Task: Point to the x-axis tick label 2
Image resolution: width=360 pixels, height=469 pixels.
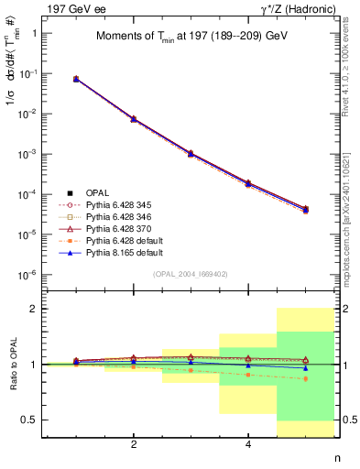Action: pyautogui.click(x=134, y=444)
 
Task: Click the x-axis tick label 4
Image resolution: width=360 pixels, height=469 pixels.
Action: pyautogui.click(x=248, y=444)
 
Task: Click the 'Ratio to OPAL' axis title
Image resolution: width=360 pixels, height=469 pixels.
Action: pyautogui.click(x=10, y=365)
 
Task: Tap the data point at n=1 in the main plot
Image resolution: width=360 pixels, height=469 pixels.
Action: pyautogui.click(x=76, y=80)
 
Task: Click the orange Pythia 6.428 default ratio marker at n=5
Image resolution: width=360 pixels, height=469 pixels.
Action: pyautogui.click(x=305, y=378)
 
